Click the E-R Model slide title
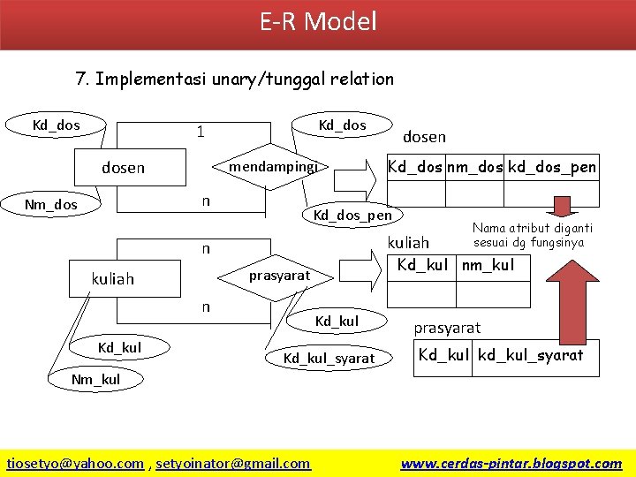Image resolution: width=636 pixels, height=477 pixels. pyautogui.click(x=318, y=21)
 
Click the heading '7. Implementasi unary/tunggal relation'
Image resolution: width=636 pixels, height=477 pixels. pyautogui.click(x=235, y=79)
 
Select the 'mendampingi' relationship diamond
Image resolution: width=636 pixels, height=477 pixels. pyautogui.click(x=273, y=166)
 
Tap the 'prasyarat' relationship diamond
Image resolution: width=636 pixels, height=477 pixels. pyautogui.click(x=278, y=276)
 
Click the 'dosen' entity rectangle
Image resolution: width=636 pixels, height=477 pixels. pyautogui.click(x=124, y=168)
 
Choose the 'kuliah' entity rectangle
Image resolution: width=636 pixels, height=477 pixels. pyautogui.click(x=113, y=279)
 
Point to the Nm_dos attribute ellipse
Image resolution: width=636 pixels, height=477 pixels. pyautogui.click(x=50, y=205)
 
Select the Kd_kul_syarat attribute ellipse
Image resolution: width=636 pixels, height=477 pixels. pyautogui.click(x=329, y=359)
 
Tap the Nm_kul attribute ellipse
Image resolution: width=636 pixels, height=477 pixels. pyautogui.click(x=95, y=380)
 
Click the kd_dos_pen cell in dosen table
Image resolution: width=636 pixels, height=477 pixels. pyautogui.click(x=552, y=166)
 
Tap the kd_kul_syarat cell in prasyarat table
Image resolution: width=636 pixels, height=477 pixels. pyautogui.click(x=530, y=355)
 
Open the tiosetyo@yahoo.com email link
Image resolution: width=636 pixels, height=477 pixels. pyautogui.click(x=75, y=463)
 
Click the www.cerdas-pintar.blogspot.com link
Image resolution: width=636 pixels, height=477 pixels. pyautogui.click(x=511, y=463)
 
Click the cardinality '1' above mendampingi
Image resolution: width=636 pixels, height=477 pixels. pyautogui.click(x=201, y=132)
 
